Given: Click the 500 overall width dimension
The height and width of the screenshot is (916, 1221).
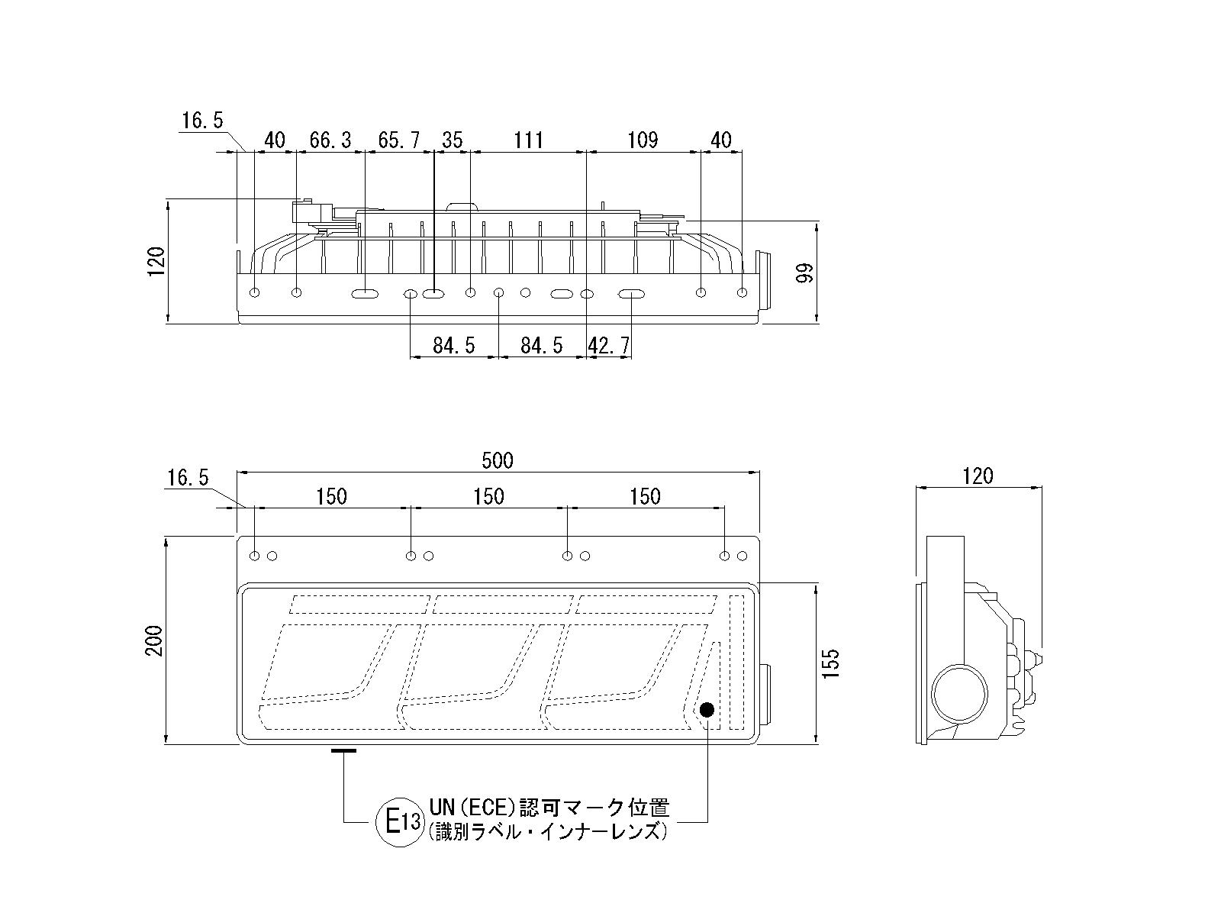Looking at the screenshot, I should [498, 460].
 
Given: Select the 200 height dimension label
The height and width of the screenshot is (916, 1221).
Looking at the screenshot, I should [155, 640].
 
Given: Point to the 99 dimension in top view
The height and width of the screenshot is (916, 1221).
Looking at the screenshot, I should [804, 273].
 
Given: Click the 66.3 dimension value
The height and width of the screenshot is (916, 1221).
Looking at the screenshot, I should [330, 140].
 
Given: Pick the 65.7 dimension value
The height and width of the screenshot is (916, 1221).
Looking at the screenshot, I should [399, 140].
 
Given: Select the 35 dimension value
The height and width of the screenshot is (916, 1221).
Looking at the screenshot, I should [452, 140].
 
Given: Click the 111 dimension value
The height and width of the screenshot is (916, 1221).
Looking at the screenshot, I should [528, 140].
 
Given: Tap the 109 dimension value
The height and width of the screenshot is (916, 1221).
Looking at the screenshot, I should [643, 140].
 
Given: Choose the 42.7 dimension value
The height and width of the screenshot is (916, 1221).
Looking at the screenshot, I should [609, 346].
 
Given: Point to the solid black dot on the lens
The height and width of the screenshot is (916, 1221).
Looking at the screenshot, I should [707, 710].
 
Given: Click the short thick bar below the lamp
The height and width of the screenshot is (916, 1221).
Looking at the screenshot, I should [344, 750].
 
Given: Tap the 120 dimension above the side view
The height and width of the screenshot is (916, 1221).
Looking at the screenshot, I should [978, 476].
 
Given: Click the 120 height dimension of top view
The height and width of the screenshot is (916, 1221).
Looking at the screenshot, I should [156, 262].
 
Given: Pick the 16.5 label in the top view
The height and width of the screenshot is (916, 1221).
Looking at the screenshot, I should [202, 121].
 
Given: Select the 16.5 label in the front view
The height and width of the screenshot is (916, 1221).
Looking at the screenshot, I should [188, 479].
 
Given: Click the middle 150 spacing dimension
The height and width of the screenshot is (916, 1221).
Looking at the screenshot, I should [488, 497].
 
